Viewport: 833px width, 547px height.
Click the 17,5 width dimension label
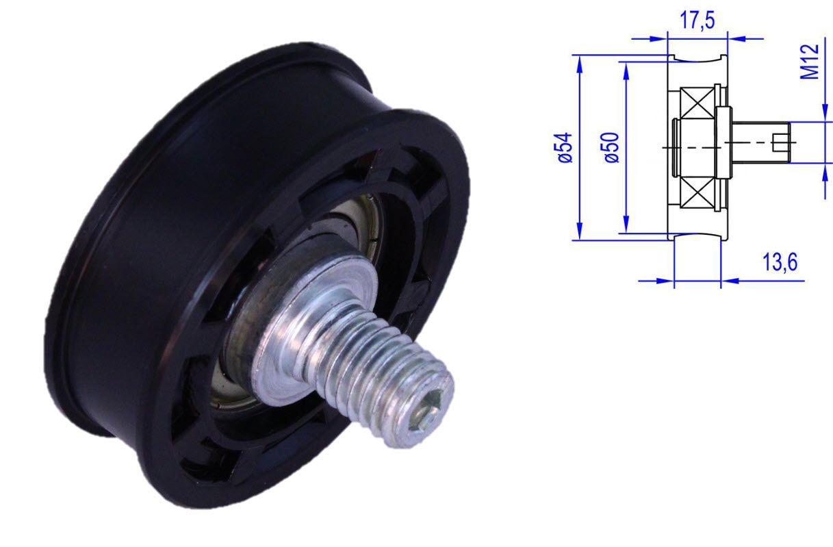pos(697,21)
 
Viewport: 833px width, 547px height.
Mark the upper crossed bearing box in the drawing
pos(697,105)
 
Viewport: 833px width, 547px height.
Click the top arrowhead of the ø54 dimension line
pos(580,62)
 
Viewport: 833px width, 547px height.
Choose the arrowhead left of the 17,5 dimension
pos(660,38)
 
